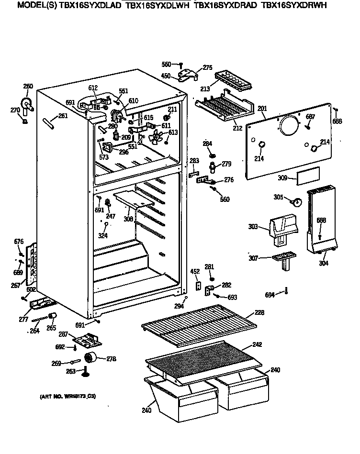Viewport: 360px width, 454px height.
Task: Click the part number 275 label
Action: click(207, 67)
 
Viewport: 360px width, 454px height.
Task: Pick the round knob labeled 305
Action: click(297, 201)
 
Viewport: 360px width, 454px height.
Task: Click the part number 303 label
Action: click(253, 226)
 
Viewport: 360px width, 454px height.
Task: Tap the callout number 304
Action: click(324, 263)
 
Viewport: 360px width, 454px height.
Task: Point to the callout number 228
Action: click(259, 312)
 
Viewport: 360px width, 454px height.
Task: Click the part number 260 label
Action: click(28, 87)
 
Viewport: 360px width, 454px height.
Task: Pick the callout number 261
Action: click(63, 116)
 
